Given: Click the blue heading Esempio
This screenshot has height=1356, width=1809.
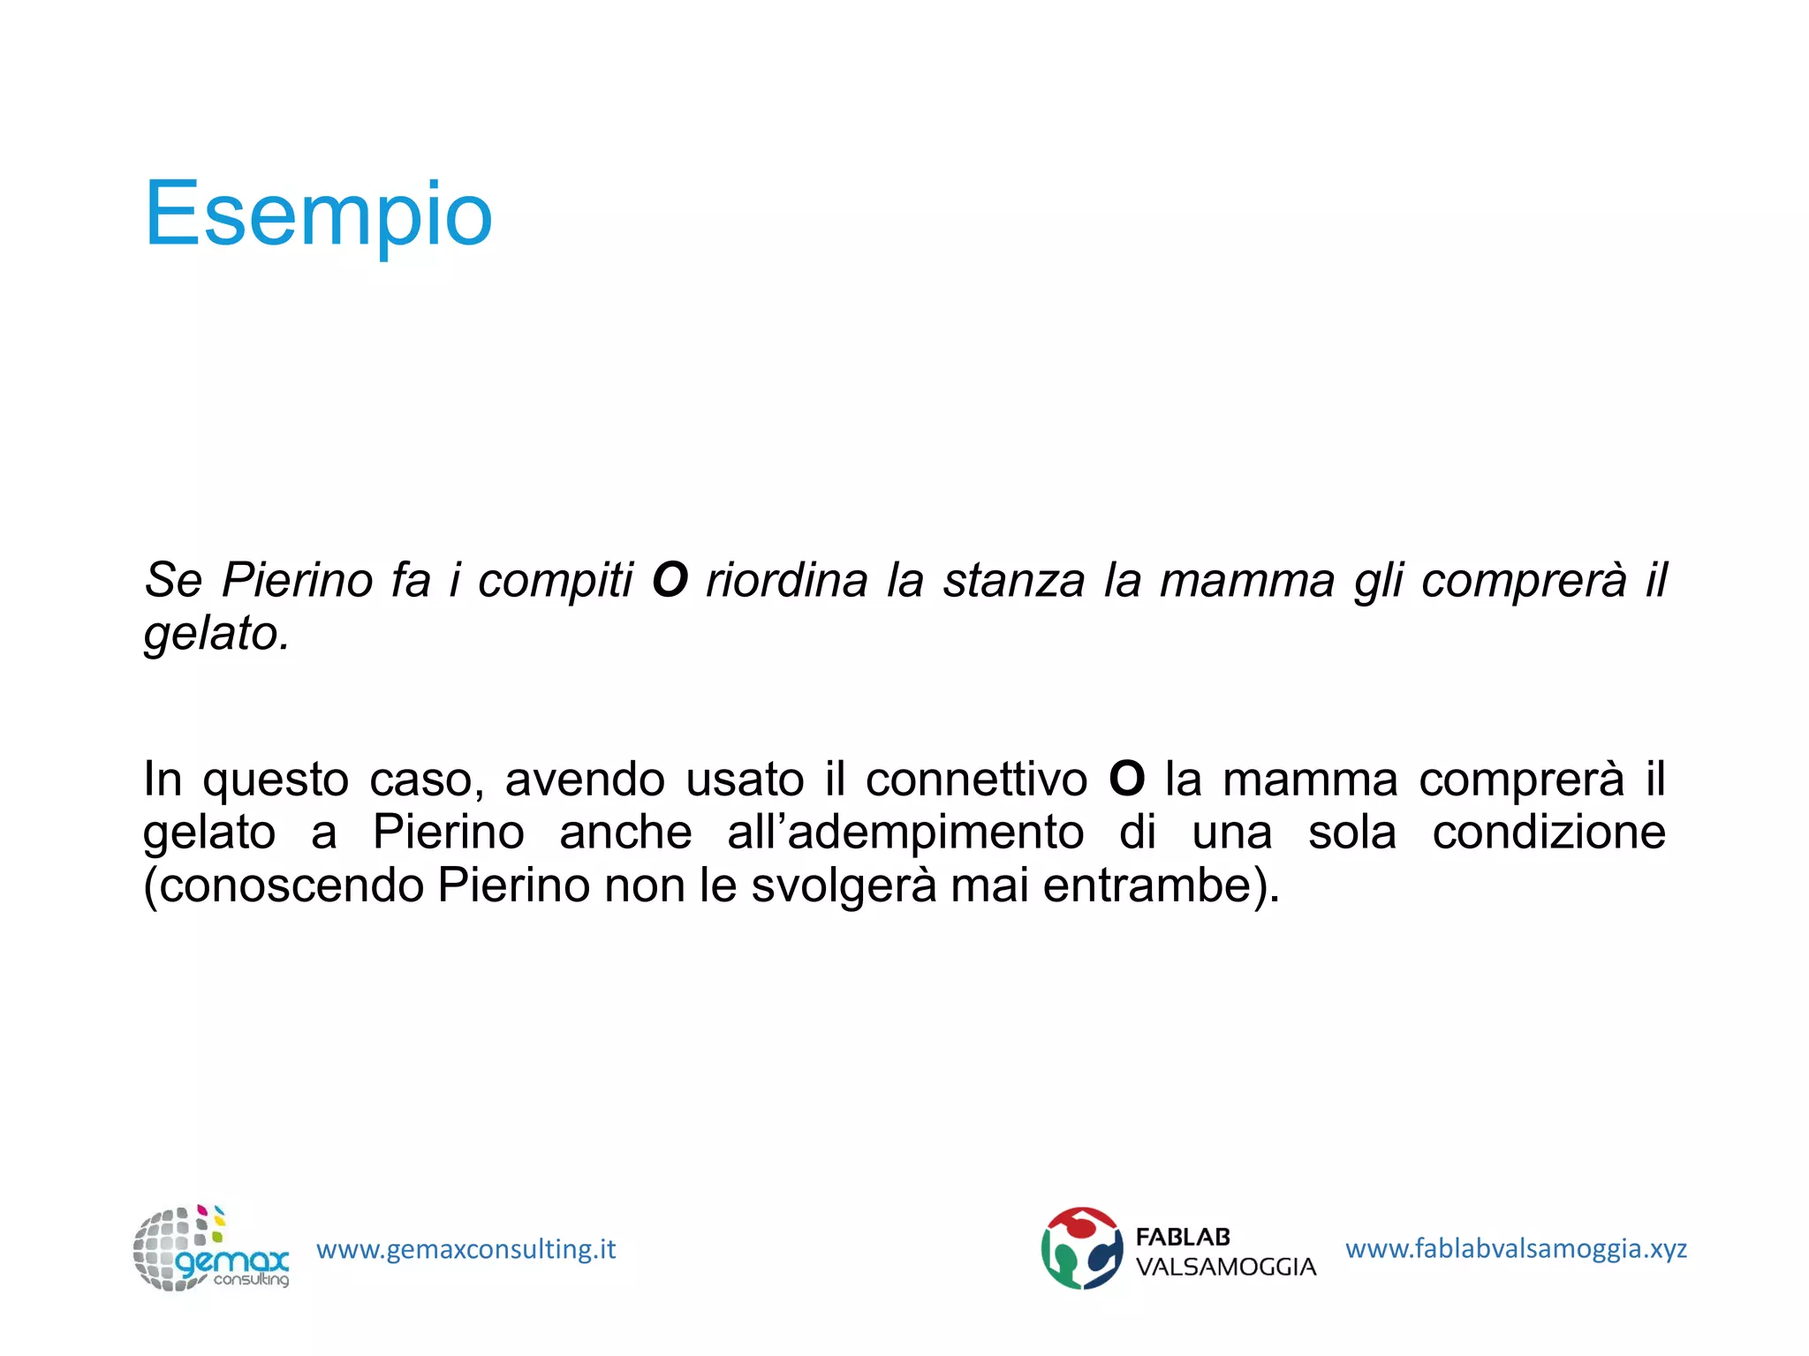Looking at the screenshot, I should tap(318, 215).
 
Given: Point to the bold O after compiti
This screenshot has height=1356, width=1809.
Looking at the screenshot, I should tap(670, 581).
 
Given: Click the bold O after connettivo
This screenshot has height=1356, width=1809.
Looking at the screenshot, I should tap(1126, 780).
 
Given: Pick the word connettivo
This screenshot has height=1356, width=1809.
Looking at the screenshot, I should tap(976, 780).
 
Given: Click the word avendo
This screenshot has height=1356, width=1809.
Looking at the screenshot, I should tap(584, 780).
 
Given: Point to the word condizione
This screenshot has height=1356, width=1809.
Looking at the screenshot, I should tap(1548, 833).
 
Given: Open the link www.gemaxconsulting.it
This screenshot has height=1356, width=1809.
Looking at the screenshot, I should tap(465, 1250).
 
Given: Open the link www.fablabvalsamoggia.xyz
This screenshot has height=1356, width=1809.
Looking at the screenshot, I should tap(1516, 1249).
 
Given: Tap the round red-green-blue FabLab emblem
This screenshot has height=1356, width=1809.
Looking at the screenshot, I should tap(1081, 1248).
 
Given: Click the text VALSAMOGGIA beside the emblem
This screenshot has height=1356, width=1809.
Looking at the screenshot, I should tap(1225, 1268).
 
